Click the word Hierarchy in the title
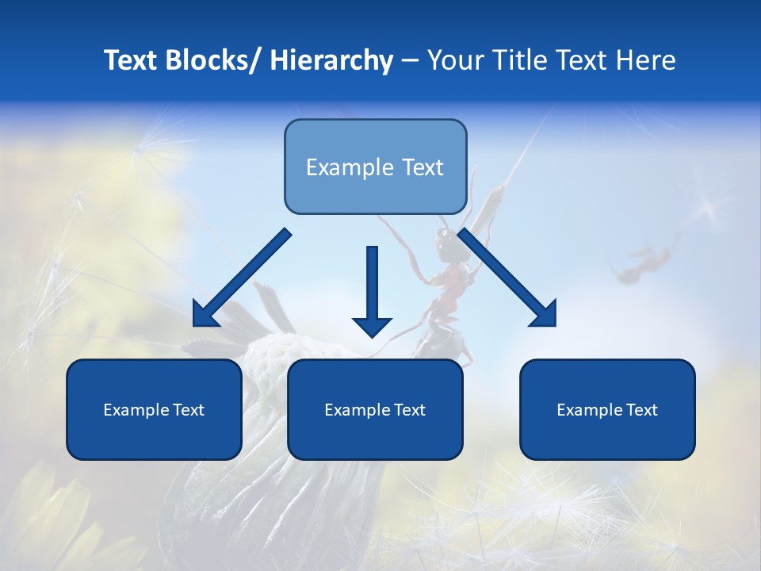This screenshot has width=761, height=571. [331, 60]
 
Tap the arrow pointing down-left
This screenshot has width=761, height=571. [242, 278]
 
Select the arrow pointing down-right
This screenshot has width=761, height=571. [507, 278]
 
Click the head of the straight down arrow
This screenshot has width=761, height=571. [372, 325]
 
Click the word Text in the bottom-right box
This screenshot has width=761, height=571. [642, 410]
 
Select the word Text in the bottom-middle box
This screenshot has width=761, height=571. [410, 410]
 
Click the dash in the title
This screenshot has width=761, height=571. [410, 61]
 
